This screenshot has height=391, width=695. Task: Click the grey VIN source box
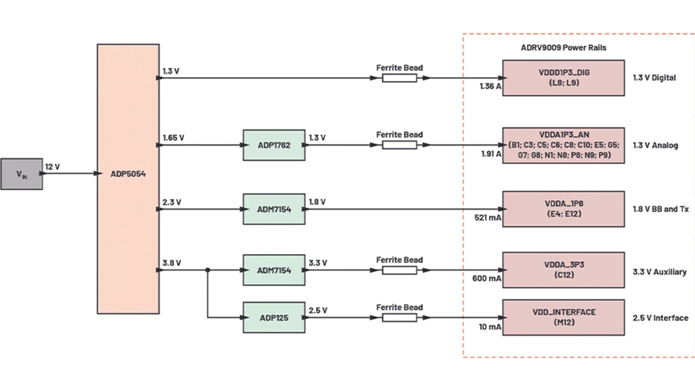click(x=22, y=174)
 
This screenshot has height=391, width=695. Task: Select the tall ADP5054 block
click(x=128, y=179)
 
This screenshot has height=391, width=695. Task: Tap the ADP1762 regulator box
click(x=274, y=145)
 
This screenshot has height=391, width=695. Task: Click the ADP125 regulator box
click(x=274, y=317)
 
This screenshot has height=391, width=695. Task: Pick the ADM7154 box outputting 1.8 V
click(x=274, y=209)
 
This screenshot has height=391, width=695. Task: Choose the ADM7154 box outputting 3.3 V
click(x=274, y=270)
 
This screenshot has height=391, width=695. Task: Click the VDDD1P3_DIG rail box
click(x=563, y=78)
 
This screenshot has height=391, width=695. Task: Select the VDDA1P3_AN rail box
click(x=563, y=145)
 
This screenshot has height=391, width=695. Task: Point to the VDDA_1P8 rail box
click(x=563, y=209)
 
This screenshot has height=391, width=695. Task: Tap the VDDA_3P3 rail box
click(x=563, y=270)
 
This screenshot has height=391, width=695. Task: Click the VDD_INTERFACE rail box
click(x=563, y=317)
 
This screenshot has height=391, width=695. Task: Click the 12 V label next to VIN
click(x=53, y=167)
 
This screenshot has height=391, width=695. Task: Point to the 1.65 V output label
click(x=173, y=138)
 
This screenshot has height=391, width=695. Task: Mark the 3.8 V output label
click(x=172, y=263)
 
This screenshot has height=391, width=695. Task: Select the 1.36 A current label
click(x=490, y=86)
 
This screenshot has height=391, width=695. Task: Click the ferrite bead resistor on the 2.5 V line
click(x=399, y=317)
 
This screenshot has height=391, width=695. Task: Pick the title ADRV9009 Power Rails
click(x=563, y=48)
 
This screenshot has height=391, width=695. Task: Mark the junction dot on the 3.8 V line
click(x=208, y=270)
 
